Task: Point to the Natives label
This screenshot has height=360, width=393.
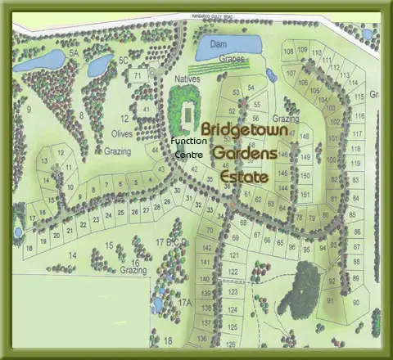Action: [187, 79]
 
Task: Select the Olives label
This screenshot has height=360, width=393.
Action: [123, 133]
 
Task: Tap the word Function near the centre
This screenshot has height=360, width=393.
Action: [189, 141]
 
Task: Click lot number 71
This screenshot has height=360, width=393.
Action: [139, 75]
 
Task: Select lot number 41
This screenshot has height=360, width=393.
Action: [146, 109]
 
